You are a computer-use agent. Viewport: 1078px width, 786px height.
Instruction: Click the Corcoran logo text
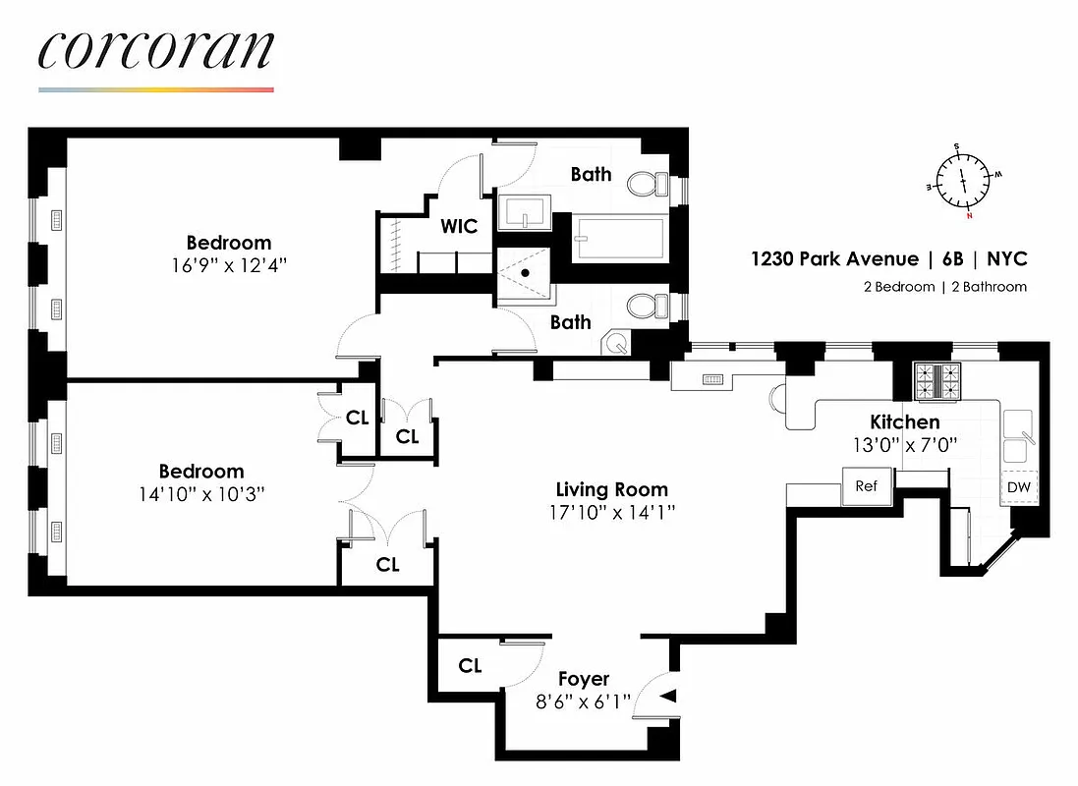[x=156, y=51]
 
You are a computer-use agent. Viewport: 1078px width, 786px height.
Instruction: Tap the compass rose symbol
[x=962, y=181]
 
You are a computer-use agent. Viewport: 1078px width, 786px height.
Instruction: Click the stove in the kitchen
[x=936, y=381]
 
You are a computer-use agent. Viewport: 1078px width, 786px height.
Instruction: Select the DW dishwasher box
[x=1019, y=486]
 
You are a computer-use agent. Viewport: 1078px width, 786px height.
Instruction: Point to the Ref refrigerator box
[x=866, y=486]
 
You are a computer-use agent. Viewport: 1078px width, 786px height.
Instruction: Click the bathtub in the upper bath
[x=619, y=240]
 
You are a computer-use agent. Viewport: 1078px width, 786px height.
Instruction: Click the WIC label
[x=459, y=227]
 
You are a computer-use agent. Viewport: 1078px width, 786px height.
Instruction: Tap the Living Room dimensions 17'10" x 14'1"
[x=611, y=512]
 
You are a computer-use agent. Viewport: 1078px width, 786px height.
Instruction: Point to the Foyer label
[x=584, y=679]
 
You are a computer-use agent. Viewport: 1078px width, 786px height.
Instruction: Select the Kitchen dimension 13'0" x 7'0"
[x=905, y=444]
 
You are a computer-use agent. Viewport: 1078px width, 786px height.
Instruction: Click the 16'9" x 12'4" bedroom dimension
[x=229, y=265]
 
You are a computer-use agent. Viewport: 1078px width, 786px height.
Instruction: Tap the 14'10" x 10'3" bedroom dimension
[x=201, y=494]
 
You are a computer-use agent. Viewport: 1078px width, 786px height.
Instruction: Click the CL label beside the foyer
[x=471, y=666]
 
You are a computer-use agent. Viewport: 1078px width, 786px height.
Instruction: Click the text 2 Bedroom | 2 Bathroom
[x=938, y=287]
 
